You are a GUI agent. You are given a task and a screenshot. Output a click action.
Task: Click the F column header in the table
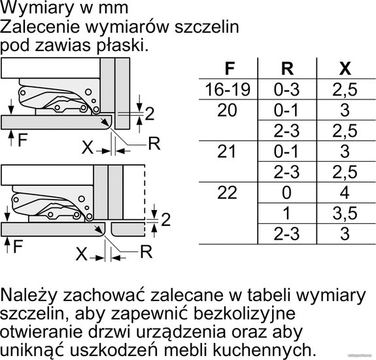[230, 68]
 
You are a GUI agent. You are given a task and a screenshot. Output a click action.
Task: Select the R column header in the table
[287, 68]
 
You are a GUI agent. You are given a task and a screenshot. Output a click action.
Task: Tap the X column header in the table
[345, 68]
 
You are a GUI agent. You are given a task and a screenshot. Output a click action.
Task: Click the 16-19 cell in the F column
[228, 90]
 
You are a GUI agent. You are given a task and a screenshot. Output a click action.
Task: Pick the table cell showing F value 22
[227, 192]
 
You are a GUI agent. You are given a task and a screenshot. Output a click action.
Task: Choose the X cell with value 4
[345, 192]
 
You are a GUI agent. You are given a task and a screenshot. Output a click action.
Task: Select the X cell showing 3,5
[345, 213]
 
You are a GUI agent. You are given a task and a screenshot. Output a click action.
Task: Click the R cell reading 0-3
[287, 90]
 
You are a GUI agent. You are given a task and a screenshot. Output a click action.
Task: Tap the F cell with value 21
[227, 151]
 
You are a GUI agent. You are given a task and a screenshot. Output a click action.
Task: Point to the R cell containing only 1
[287, 213]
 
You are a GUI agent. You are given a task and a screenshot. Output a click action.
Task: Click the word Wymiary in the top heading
[37, 8]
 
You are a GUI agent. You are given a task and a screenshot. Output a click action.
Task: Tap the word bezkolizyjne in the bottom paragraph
[245, 314]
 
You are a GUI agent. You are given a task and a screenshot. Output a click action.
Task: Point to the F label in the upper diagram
[22, 140]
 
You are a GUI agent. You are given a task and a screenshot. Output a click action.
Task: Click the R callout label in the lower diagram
[146, 252]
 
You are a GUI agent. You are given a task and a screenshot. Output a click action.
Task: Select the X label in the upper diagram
[87, 147]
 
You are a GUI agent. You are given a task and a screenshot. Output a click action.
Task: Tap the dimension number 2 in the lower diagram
[165, 219]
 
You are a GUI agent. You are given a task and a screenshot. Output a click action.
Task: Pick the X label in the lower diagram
[81, 254]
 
